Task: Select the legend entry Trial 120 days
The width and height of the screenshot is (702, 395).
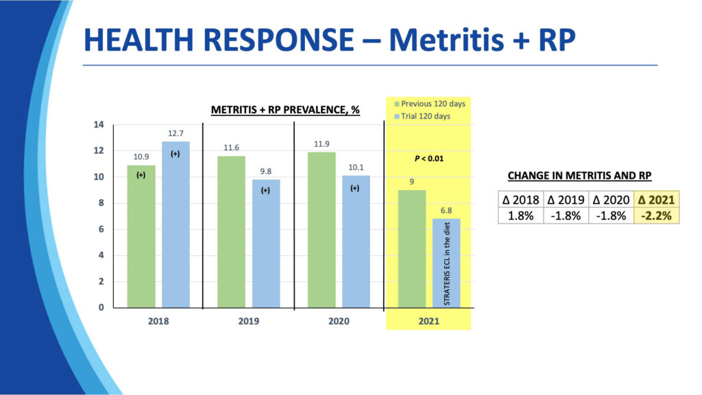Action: point(426,116)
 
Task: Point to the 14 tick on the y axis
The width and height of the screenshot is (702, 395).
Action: point(99,125)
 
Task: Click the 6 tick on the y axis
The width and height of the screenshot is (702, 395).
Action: point(101,229)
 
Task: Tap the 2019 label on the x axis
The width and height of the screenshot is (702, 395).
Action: point(248,321)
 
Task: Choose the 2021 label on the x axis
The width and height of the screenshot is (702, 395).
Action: point(428,321)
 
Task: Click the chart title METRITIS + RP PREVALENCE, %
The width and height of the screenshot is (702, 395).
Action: point(285,110)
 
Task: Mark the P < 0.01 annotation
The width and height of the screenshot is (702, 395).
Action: point(429,159)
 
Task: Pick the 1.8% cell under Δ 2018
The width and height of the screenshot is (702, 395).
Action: point(520,215)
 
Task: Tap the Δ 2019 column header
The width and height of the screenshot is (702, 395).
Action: point(566,200)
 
